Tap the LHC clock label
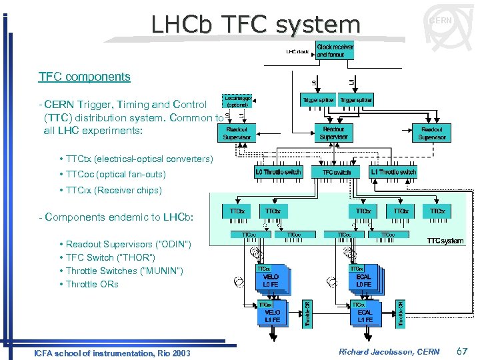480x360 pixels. coord(297,52)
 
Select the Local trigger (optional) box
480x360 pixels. coord(238,101)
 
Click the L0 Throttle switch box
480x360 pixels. coord(278,172)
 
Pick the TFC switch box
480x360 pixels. coord(336,172)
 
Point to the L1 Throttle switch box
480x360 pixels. coord(393,172)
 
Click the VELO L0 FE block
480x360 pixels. coord(271,281)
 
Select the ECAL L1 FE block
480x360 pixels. coord(365,315)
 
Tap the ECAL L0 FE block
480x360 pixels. coord(365,281)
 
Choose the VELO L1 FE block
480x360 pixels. coord(272,315)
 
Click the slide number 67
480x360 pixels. coord(461,351)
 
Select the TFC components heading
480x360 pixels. coord(85,76)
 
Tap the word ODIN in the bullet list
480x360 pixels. coord(171,245)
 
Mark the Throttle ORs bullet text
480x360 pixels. coord(92,284)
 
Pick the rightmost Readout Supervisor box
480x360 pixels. coord(431,133)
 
